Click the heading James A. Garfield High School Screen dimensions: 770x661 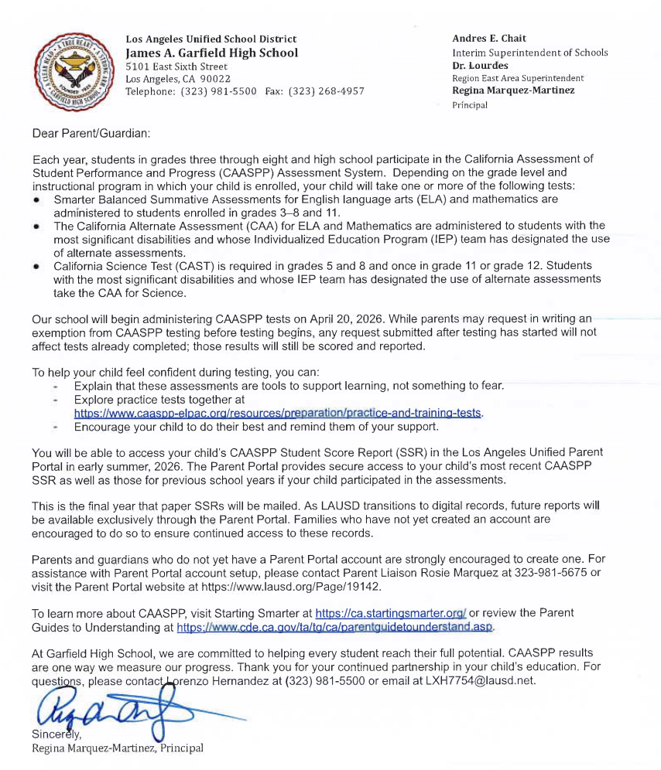pyautogui.click(x=211, y=53)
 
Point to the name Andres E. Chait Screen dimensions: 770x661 pyautogui.click(x=489, y=39)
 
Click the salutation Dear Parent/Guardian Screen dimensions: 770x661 pyautogui.click(x=91, y=133)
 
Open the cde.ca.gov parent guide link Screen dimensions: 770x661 pyautogui.click(x=335, y=627)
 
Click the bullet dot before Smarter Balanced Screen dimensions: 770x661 pyautogui.click(x=36, y=199)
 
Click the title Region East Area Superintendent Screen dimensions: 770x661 pyautogui.click(x=518, y=78)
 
